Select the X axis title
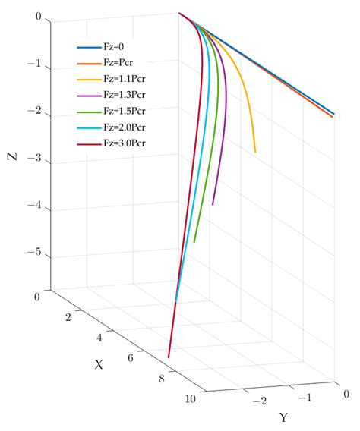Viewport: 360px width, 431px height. click(99, 364)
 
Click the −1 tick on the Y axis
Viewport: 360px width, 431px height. click(303, 398)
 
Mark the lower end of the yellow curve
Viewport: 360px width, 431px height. click(255, 153)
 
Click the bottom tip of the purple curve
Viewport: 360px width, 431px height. click(213, 204)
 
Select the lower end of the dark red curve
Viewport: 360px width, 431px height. click(169, 357)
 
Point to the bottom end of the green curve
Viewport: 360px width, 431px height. click(194, 242)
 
